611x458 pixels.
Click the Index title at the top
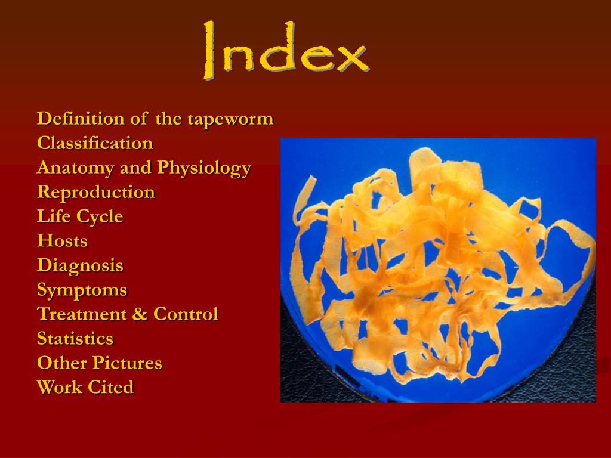(x=285, y=52)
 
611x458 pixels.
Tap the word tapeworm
(x=231, y=119)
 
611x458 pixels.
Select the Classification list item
(x=95, y=143)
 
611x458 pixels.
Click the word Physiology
(x=204, y=168)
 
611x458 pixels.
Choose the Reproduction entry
(x=95, y=193)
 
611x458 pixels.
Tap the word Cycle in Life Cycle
(x=100, y=217)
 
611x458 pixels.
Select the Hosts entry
(x=62, y=241)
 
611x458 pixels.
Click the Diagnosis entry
(x=80, y=265)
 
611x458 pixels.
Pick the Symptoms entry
(x=82, y=290)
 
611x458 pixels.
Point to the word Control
(x=186, y=314)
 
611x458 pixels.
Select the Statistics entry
(x=75, y=339)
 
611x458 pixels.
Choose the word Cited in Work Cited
(x=111, y=387)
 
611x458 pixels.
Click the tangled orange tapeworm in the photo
(x=439, y=262)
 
